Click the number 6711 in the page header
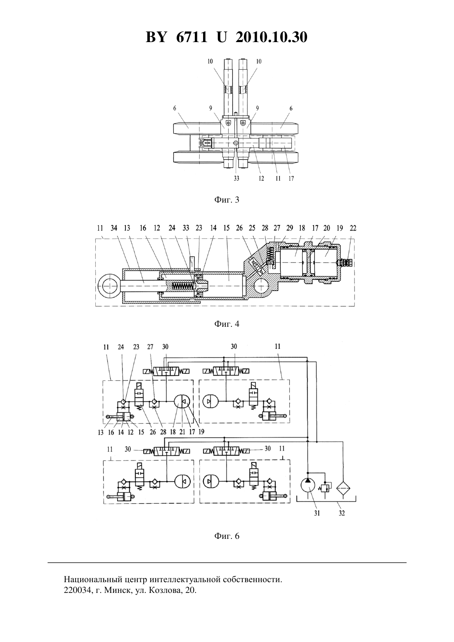tap(191, 37)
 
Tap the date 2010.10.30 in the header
tap(272, 37)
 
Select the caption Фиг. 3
tap(227, 200)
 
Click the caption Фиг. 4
tap(227, 324)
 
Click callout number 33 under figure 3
tap(236, 178)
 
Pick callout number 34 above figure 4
tap(114, 228)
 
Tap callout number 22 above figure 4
tap(353, 228)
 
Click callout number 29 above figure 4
tap(289, 228)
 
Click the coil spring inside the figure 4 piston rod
tap(182, 286)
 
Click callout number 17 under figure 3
tap(291, 178)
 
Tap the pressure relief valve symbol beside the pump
tap(325, 488)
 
